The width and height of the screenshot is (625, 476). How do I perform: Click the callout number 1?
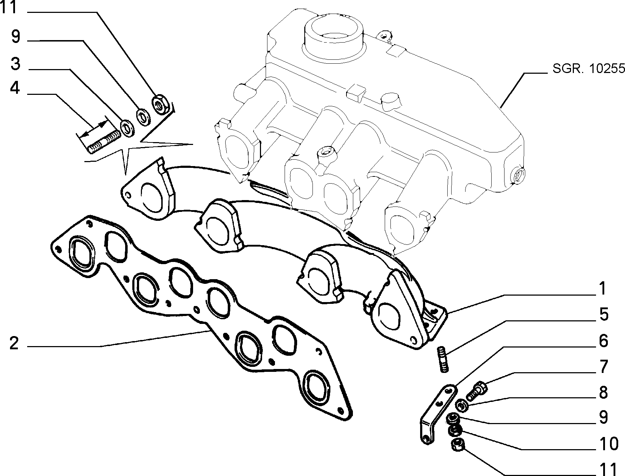point(603,288)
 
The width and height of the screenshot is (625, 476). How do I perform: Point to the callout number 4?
point(15,87)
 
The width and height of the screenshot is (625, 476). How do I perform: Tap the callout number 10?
point(608,444)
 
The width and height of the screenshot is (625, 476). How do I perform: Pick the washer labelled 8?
point(462,406)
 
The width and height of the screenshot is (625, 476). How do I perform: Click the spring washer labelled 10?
point(455,431)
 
